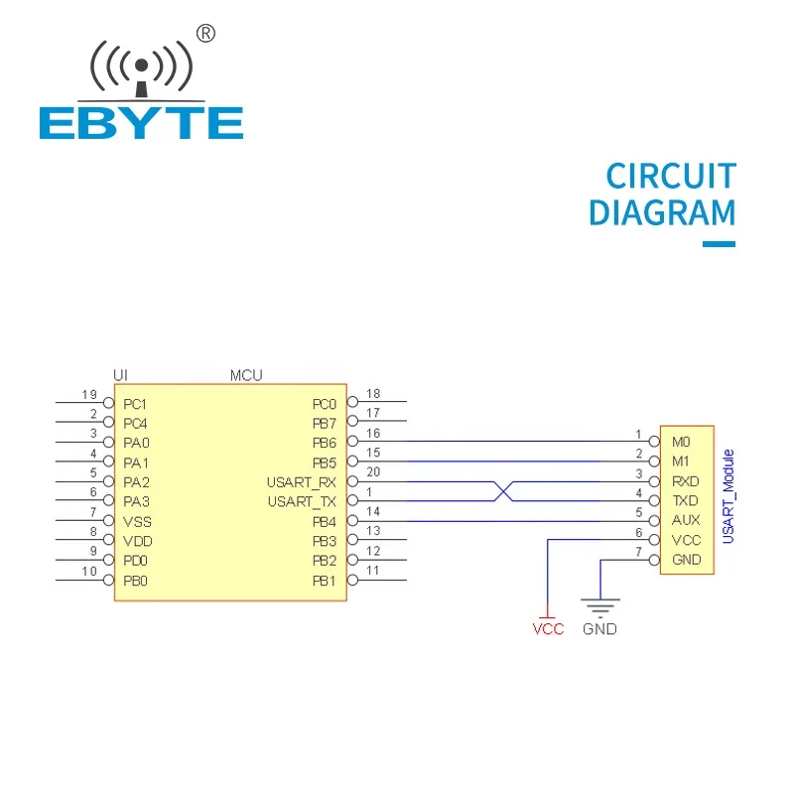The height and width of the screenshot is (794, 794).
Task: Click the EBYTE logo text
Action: tap(141, 122)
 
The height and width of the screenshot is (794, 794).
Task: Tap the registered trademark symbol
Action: tap(205, 34)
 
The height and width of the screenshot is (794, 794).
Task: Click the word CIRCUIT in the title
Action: tap(671, 177)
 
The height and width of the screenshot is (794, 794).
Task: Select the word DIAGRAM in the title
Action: tap(662, 212)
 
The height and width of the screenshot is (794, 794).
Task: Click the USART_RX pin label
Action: tap(302, 482)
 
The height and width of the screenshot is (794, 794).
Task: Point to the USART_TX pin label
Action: tap(302, 502)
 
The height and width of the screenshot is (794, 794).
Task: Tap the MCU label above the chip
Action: tap(246, 375)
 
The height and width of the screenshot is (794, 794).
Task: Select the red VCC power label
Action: tap(548, 629)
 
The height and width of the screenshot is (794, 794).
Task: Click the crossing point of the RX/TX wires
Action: tap(503, 491)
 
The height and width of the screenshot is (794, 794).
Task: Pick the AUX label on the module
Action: tap(686, 520)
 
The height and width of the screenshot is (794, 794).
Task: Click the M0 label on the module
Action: tap(681, 442)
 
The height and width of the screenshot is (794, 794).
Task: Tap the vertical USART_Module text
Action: tap(728, 497)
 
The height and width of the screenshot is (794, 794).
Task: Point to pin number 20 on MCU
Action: tap(373, 472)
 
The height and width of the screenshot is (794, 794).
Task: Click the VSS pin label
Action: tap(137, 522)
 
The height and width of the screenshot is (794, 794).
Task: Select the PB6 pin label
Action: tap(325, 443)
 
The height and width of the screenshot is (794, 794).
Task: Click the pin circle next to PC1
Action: tap(108, 403)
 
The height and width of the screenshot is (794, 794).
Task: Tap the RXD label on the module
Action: tap(685, 481)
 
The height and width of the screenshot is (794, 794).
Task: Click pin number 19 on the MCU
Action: tap(89, 394)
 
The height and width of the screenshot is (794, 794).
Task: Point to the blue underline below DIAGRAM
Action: tap(719, 244)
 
